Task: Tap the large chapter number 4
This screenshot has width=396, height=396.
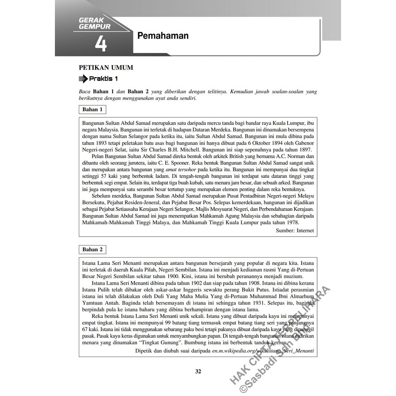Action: click(101, 44)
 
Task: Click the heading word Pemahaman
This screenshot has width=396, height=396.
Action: click(163, 36)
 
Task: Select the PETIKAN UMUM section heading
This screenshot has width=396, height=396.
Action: click(106, 68)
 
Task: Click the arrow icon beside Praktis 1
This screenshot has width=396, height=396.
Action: click(83, 79)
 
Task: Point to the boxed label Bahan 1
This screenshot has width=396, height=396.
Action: click(92, 109)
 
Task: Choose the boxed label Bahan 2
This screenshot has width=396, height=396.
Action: click(92, 249)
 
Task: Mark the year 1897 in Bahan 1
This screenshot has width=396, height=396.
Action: click(305, 150)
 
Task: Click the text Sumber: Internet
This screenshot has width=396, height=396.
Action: click(295, 230)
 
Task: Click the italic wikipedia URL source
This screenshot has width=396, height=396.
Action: click(263, 351)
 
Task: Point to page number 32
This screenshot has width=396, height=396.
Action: click(198, 372)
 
